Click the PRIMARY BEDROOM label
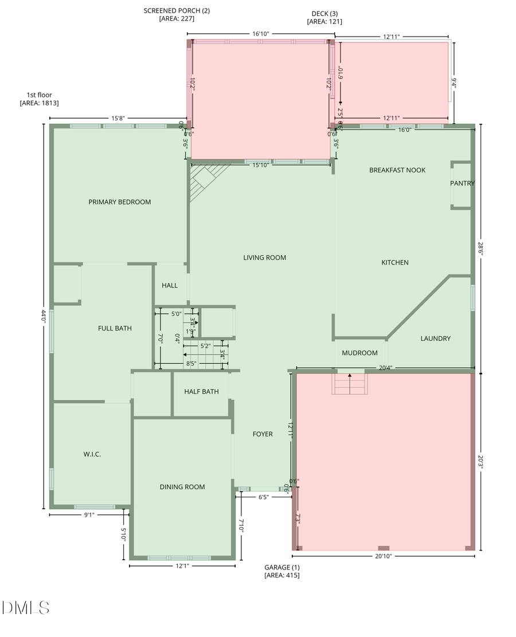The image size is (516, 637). pos(119,202)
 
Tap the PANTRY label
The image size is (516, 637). pos(462,183)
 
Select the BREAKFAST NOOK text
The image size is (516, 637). pos(397,170)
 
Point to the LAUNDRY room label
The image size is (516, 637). pos(435,339)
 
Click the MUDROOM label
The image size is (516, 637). pos(359,353)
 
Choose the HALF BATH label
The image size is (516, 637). pos(201,392)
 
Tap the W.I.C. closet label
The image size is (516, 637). pos(92,454)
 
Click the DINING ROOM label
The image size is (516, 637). pos(182,487)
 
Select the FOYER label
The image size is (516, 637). pos(263,434)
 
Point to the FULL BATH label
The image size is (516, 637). pos(115,328)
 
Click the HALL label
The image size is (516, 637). pos(170,285)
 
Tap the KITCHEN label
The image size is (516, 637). pos(395,262)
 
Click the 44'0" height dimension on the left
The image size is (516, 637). pos(43,316)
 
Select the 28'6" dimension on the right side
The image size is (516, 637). pos(480,249)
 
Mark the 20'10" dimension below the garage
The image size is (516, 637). pos(383,556)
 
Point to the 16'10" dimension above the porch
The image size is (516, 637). pos(260,34)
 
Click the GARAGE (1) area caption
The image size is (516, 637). pos(282,571)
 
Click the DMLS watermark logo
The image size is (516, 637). pos(26,608)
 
